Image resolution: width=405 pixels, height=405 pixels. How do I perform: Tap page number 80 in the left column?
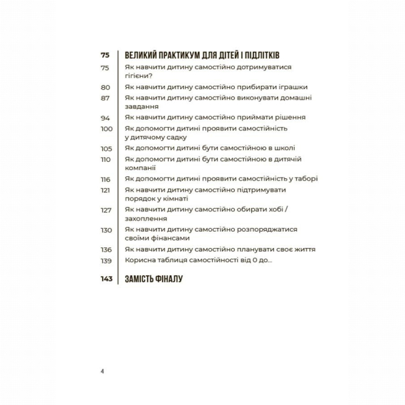[x=105, y=87]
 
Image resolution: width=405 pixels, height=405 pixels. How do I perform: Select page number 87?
[x=105, y=98]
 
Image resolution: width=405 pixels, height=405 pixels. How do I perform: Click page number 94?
[x=105, y=118]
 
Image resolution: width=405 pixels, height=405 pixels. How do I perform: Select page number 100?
[x=106, y=128]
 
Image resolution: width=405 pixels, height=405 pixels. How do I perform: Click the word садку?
[x=174, y=137]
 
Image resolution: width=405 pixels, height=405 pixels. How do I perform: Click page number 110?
[x=105, y=160]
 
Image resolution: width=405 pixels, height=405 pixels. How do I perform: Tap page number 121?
[x=105, y=189]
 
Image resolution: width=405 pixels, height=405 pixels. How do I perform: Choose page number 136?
[x=105, y=249]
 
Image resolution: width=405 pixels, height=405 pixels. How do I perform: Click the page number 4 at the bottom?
[x=102, y=371]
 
